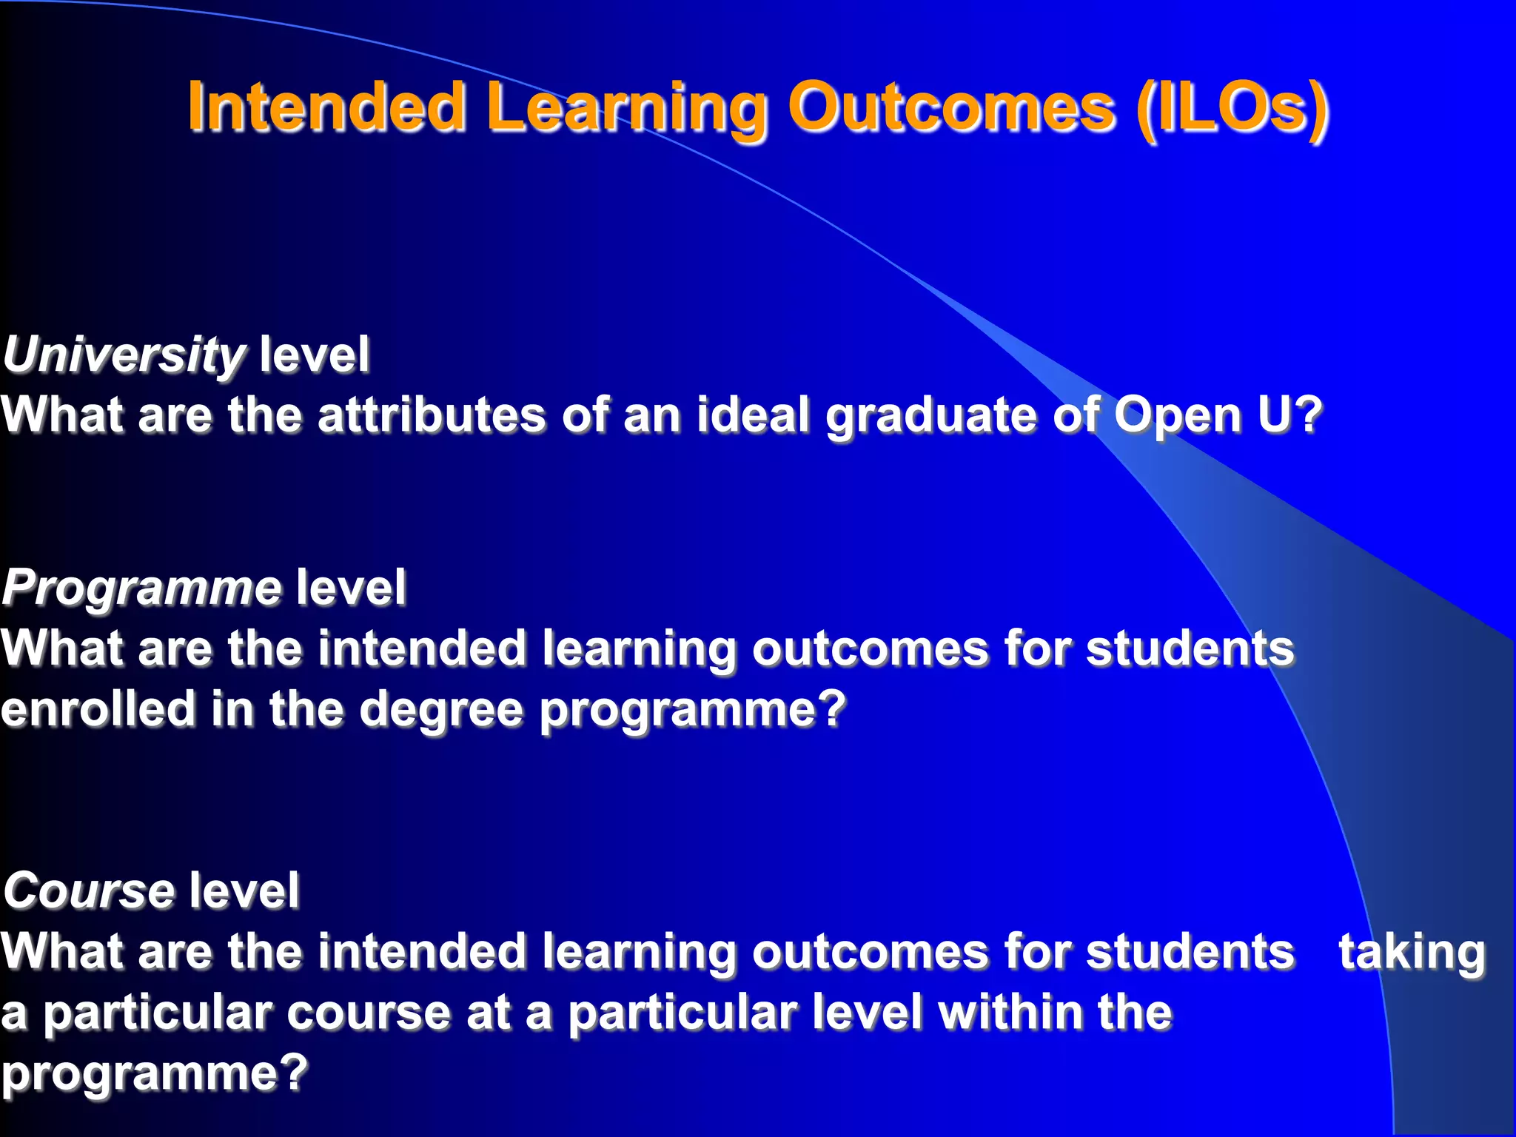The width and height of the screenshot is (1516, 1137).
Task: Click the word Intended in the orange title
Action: tap(326, 108)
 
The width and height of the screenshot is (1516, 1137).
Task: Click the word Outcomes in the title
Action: tap(951, 108)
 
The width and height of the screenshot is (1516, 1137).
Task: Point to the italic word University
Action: tap(123, 355)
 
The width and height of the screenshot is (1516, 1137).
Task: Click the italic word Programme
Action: tap(141, 588)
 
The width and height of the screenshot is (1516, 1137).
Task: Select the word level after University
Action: tap(314, 355)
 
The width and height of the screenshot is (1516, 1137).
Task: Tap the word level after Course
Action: tap(244, 891)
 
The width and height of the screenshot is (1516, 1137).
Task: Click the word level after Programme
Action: tap(351, 588)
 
